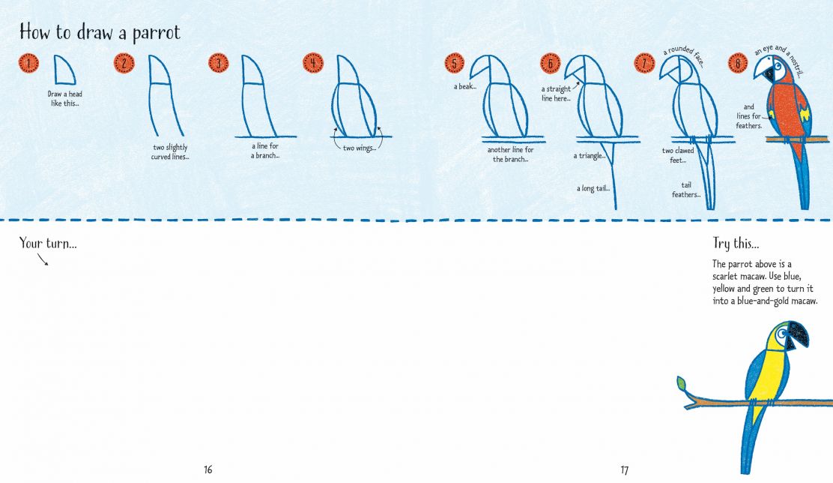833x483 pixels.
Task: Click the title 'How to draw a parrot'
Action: (x=100, y=32)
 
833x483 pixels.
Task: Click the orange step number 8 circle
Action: (x=738, y=64)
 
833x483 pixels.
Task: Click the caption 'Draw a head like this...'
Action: (x=64, y=98)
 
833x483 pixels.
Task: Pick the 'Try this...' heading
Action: (x=736, y=243)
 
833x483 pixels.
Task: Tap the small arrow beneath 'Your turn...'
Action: (x=43, y=259)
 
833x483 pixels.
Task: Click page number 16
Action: (x=208, y=469)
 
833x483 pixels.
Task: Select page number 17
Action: (x=624, y=469)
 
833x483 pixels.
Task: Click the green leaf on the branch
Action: (x=682, y=383)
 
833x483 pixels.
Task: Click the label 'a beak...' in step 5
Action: (x=464, y=86)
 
